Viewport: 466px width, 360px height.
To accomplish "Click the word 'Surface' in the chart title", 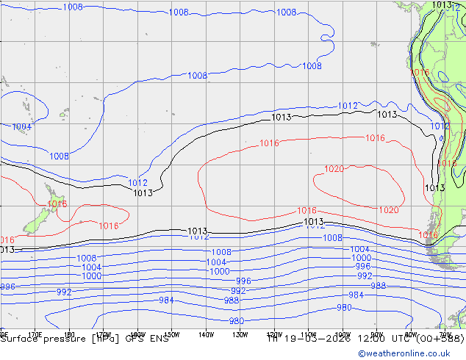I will pyautogui.click(x=21, y=339).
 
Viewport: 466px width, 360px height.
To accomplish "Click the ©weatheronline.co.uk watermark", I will pyautogui.click(x=411, y=353).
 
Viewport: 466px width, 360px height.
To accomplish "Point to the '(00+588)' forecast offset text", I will pyautogui.click(x=440, y=339).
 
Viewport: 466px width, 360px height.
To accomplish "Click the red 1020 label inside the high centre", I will pyautogui.click(x=334, y=169).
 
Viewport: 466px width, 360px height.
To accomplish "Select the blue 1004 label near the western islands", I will pyautogui.click(x=22, y=127).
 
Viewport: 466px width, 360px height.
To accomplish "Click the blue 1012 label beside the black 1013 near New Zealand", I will pyautogui.click(x=138, y=183).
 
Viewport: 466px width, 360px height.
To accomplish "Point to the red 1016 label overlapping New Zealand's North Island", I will pyautogui.click(x=57, y=204).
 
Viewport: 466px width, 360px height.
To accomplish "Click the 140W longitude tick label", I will pyautogui.click(x=206, y=334).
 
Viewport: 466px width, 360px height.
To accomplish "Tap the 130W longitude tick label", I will pyautogui.click(x=240, y=334).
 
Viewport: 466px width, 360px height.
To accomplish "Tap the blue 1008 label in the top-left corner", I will pyautogui.click(x=73, y=7).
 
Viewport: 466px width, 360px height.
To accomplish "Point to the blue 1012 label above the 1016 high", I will pyautogui.click(x=348, y=106).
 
